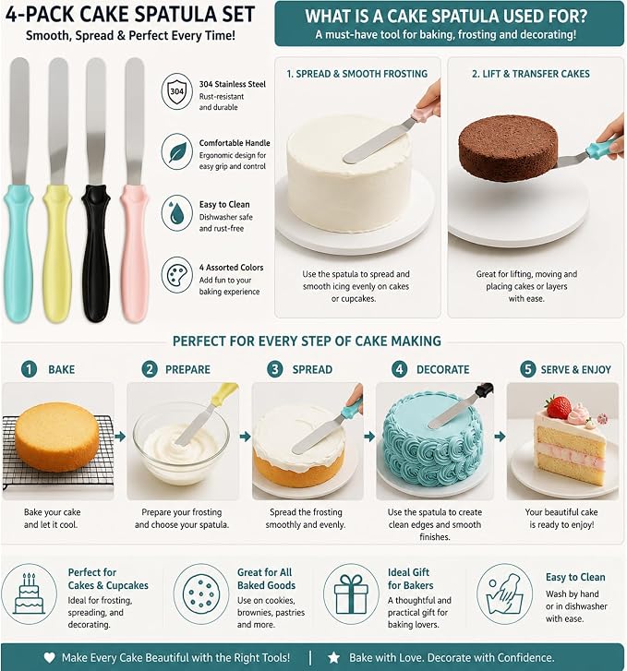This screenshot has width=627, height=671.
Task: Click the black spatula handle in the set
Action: point(95,253)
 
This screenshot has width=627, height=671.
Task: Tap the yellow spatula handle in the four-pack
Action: point(57,253)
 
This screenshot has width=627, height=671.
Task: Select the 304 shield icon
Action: point(177,91)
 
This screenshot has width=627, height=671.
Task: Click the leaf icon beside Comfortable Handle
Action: point(177,151)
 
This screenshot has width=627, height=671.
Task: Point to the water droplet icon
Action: point(177,213)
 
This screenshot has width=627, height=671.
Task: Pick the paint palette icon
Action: point(177,275)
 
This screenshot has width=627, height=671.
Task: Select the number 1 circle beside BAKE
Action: point(30,369)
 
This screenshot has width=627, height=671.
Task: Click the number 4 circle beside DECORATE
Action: point(399,369)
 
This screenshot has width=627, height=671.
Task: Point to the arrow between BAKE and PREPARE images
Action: point(120,437)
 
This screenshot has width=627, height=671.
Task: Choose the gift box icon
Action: point(351,594)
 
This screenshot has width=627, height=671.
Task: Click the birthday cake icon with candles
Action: point(30,594)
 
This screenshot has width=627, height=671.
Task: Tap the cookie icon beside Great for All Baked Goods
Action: point(201,594)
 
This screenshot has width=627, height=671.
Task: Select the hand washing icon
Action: point(504,594)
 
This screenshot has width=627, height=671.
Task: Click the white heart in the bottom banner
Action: point(50,657)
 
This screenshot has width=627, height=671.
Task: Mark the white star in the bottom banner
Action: point(333,657)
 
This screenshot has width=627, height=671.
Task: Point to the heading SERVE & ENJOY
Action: point(575,369)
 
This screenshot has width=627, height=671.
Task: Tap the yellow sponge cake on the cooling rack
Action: point(57,437)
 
